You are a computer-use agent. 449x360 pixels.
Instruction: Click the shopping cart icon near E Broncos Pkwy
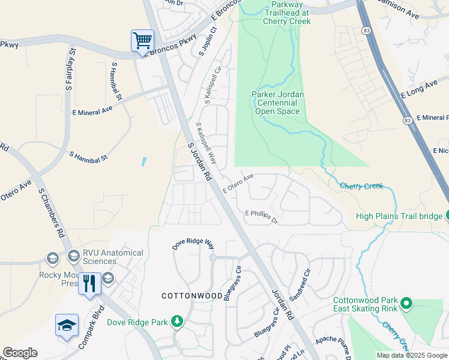[x=142, y=41]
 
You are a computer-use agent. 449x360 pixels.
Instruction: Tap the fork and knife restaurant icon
[x=89, y=284]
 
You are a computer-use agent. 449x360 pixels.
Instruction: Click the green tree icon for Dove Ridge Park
[x=176, y=322]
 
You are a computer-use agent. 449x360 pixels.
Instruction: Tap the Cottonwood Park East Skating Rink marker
[x=406, y=304]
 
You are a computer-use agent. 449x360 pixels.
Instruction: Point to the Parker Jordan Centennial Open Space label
[x=277, y=103]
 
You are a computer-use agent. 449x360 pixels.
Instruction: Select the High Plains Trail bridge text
[x=398, y=216]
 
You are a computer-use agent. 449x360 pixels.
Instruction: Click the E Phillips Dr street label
[x=262, y=216]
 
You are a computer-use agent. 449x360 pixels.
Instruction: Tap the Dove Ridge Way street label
[x=193, y=244]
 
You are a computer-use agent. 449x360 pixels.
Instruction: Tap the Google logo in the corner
[x=20, y=353]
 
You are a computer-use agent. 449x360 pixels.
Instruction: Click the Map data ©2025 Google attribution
[x=411, y=355]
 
